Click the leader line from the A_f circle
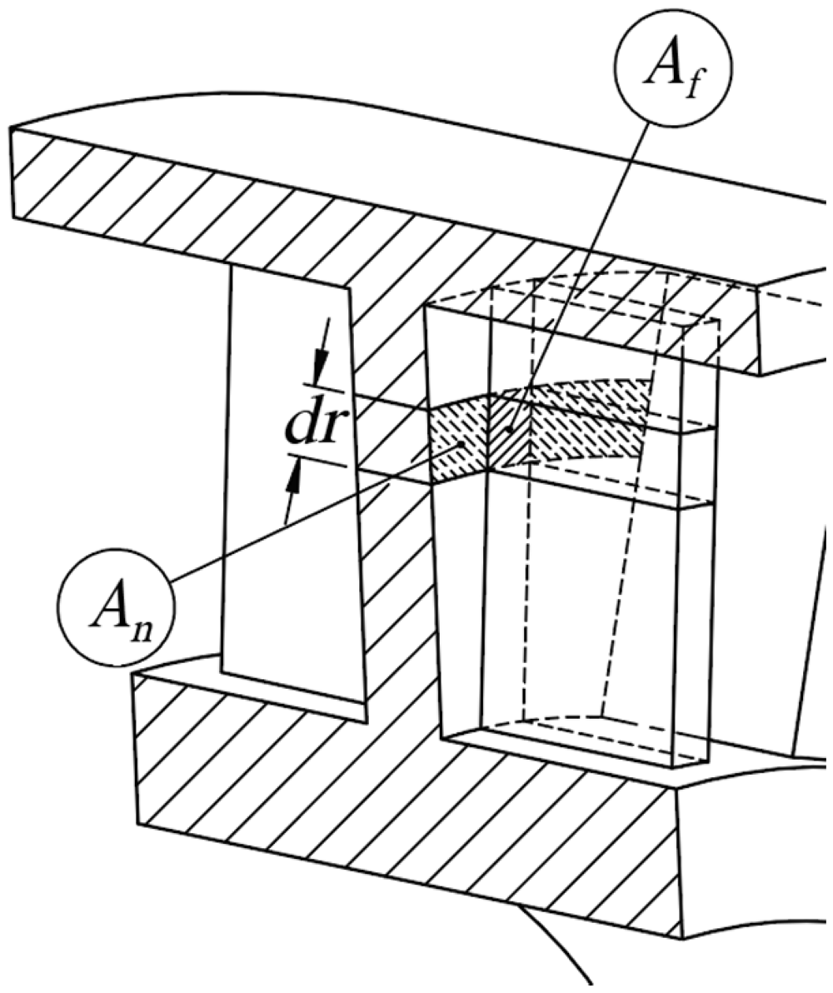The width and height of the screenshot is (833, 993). click(x=580, y=276)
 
